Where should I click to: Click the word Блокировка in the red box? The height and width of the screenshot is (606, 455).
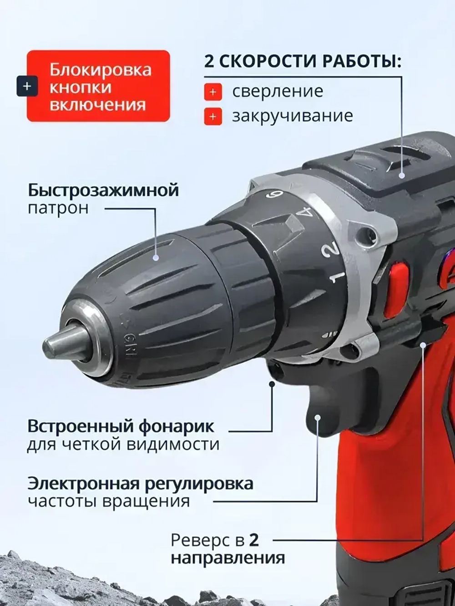tap(100, 70)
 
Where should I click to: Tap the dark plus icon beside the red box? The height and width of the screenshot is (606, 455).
tap(27, 86)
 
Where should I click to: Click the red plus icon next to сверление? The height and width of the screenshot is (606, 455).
tap(213, 92)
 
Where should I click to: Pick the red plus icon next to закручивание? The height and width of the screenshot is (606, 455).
tap(213, 117)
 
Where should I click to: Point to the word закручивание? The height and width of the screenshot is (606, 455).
tap(292, 116)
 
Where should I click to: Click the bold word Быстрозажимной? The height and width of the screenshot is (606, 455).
tap(103, 190)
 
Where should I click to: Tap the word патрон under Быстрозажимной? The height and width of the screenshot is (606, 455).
tap(58, 209)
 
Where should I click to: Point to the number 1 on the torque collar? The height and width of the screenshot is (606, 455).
tap(337, 277)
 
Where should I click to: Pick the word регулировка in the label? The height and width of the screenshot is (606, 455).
tap(199, 483)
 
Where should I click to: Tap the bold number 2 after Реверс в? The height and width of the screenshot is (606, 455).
tap(254, 540)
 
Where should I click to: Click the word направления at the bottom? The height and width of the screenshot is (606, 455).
tap(227, 558)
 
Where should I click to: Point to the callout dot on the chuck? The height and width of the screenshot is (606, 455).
tap(156, 257)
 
